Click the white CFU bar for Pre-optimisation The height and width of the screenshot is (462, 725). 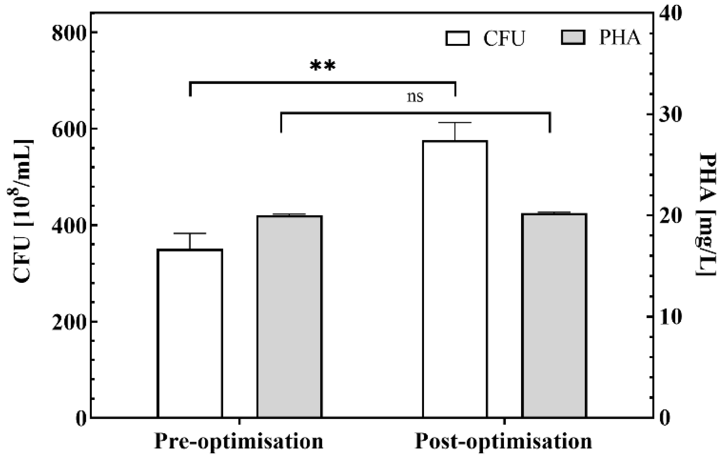[190, 333]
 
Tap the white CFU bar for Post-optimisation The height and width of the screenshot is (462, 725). [455, 279]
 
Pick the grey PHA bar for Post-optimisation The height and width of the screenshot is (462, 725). [554, 315]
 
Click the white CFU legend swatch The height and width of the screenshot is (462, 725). [457, 38]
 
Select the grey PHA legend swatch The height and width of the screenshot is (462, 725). [573, 37]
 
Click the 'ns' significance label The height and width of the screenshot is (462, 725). [415, 97]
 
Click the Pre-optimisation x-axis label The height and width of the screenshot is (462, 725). [239, 441]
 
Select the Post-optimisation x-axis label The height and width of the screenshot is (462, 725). [503, 441]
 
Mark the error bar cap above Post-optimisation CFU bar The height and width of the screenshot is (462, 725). [455, 123]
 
